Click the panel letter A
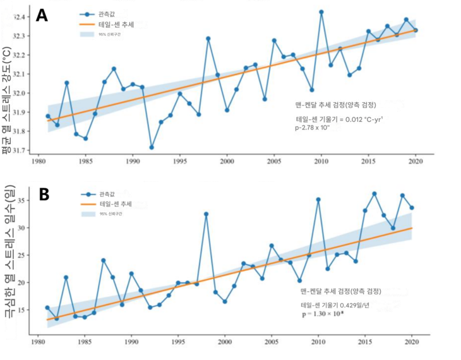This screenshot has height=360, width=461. (x=42, y=15)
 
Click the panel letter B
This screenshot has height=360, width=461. (x=44, y=194)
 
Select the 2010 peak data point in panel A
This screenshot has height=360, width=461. (x=321, y=12)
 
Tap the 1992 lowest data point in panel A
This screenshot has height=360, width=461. (x=152, y=147)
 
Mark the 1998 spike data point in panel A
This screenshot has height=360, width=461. (x=208, y=39)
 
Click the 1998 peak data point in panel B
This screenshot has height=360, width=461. (x=206, y=214)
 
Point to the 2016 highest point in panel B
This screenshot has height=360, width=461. (x=374, y=193)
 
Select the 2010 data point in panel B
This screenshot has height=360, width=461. (x=318, y=200)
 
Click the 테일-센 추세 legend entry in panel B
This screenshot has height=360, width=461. (x=115, y=204)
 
